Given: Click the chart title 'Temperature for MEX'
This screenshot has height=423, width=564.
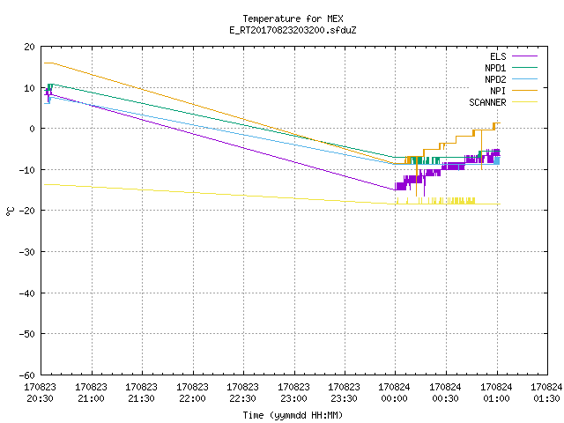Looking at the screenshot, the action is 293,19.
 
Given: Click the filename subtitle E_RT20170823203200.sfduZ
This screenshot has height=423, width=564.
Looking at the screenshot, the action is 293,30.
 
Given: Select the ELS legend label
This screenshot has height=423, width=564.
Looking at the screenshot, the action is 498,56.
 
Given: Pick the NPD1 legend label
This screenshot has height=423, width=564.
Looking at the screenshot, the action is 495,68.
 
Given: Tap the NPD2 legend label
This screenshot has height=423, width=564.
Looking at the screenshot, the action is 495,79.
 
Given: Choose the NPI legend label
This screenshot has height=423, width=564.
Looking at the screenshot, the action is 498,91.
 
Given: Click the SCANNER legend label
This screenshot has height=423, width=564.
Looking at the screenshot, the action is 487,102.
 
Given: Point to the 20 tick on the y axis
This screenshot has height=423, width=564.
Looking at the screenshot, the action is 30,47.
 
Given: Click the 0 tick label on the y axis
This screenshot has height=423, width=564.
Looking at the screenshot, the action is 33,129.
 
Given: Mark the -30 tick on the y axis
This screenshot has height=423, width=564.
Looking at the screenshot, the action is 27,252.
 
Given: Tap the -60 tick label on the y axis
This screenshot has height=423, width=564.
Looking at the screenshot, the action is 27,375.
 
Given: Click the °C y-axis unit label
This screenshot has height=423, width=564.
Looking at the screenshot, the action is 10,211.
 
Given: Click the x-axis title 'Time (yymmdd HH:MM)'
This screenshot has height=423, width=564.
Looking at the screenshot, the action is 293,415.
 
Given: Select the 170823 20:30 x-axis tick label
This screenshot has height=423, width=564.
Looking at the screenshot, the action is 41,393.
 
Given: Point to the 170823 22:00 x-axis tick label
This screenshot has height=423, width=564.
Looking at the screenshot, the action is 192,393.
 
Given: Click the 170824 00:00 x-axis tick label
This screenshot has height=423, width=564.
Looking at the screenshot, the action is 395,393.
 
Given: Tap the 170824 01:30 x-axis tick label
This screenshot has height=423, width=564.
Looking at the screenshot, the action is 546,393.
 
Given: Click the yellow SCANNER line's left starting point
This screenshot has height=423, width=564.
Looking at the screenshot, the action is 44,184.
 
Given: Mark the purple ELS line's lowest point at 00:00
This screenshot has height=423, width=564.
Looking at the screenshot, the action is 395,189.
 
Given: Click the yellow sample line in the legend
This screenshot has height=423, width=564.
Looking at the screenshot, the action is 525,102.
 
